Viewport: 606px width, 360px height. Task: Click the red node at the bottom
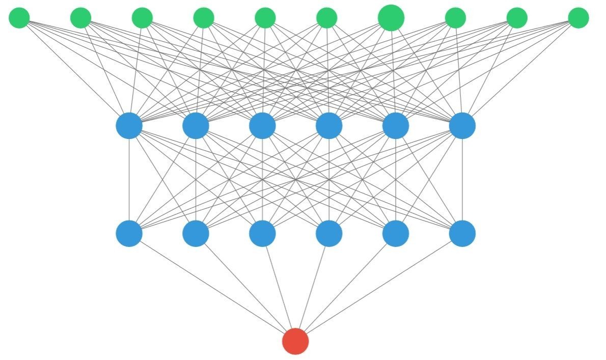(x=295, y=341)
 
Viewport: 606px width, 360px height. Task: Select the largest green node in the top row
(x=391, y=18)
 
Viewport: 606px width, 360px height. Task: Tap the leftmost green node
(x=19, y=18)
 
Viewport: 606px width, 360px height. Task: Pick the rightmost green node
(x=578, y=18)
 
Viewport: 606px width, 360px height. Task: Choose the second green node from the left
(x=80, y=18)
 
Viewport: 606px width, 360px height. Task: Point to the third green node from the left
(x=142, y=18)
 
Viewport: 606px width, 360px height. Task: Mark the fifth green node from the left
(x=265, y=18)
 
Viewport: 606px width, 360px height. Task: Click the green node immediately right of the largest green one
(x=455, y=18)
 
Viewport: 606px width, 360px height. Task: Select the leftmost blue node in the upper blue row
(x=129, y=126)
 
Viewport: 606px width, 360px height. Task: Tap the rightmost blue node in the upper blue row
(x=462, y=126)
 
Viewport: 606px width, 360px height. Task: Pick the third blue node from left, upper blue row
(x=262, y=126)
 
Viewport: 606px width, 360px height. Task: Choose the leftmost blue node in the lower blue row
(x=129, y=233)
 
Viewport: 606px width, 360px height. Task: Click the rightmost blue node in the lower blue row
(x=462, y=233)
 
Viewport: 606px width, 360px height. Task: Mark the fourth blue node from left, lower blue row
(x=329, y=233)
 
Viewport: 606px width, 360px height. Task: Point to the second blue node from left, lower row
(x=196, y=233)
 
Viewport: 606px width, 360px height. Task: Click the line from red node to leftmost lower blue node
(x=212, y=287)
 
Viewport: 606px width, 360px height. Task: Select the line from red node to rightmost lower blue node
(x=379, y=287)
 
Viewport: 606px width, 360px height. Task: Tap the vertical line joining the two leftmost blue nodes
(x=129, y=179)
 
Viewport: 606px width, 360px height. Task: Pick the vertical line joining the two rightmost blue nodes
(x=462, y=179)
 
